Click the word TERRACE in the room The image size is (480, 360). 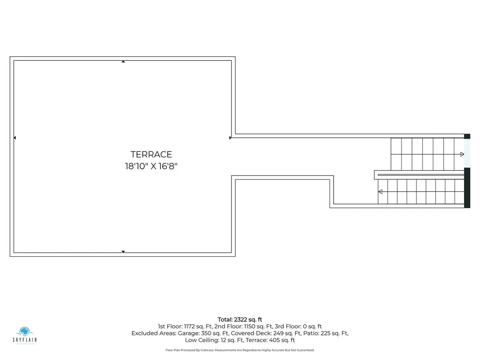tap(151, 154)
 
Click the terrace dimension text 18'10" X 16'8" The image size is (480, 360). tap(151, 166)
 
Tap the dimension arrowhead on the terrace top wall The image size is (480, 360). tap(123, 62)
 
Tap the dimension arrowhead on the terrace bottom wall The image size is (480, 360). tap(123, 252)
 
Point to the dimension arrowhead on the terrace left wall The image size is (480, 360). tap(15, 138)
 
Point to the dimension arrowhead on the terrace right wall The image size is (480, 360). tap(230, 138)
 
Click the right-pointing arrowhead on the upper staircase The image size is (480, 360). tap(462, 154)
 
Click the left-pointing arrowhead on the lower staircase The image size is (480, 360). tap(380, 192)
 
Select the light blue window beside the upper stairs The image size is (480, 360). tap(467, 153)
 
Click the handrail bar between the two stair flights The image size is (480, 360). tap(421, 175)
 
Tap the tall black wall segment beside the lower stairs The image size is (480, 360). tap(467, 188)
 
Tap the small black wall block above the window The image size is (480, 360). tap(467, 136)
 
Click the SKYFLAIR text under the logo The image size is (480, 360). tap(24, 340)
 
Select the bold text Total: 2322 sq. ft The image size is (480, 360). tap(240, 320)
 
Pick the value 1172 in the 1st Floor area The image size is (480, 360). tap(189, 326)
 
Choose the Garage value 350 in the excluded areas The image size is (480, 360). tap(206, 333)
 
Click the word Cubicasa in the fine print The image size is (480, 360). tap(207, 350)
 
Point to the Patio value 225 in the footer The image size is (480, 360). tap(326, 333)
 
